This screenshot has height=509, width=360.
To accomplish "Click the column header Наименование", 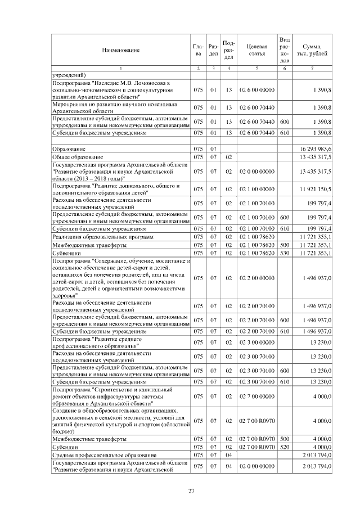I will [120, 51].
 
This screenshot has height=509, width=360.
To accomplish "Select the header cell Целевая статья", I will [257, 50].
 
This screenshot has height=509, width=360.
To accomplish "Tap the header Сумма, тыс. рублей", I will [312, 50].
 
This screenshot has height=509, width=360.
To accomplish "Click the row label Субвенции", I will [66, 254].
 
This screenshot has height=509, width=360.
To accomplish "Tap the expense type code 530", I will [285, 254].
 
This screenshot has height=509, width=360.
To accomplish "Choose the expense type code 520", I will [285, 446].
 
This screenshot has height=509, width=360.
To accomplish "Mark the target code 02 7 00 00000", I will [257, 395].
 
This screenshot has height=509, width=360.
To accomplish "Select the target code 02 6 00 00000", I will [257, 90].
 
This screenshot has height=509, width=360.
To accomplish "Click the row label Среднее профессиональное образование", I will [104, 454].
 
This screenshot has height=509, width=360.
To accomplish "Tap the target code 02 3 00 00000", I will [257, 343].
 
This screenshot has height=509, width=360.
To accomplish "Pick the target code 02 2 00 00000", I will [257, 278].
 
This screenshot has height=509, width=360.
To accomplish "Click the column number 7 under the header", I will [312, 69].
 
